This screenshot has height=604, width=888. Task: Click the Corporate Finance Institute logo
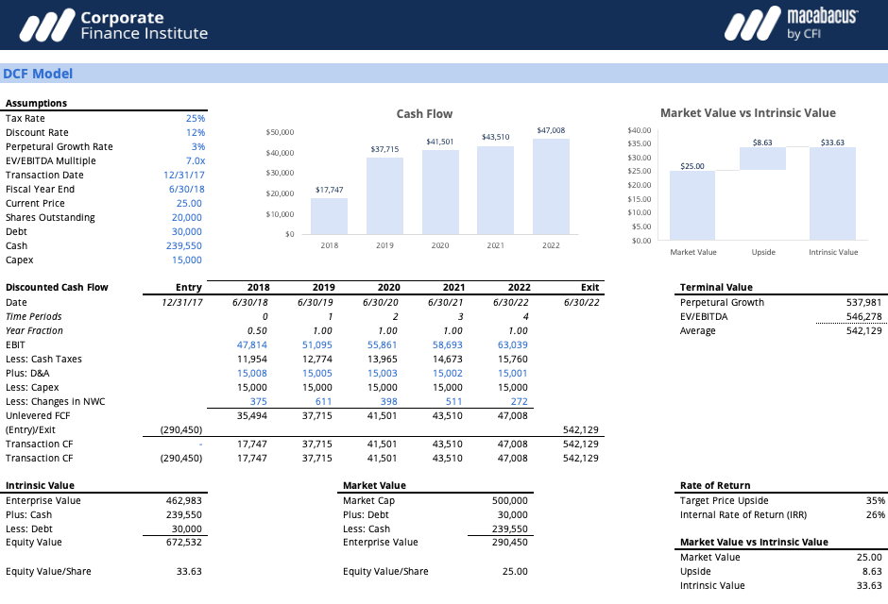pos(113,25)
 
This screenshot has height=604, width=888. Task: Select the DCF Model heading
pos(38,74)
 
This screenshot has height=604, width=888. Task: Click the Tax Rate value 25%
pos(196,119)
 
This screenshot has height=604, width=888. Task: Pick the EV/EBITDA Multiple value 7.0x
pos(195,161)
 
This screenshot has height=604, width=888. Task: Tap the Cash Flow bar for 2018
pos(329,216)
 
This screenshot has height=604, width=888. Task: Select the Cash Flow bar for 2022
pos(551,187)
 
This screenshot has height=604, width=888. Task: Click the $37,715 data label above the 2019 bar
pos(384,149)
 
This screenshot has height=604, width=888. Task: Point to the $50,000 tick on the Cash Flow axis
pos(281,132)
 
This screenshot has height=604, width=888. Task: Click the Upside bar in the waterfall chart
pos(762,159)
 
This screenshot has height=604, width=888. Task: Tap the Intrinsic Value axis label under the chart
pos(833,253)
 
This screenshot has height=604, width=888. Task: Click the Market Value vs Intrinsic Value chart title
pos(747,113)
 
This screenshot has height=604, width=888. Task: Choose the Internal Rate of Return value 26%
pos(876,515)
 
